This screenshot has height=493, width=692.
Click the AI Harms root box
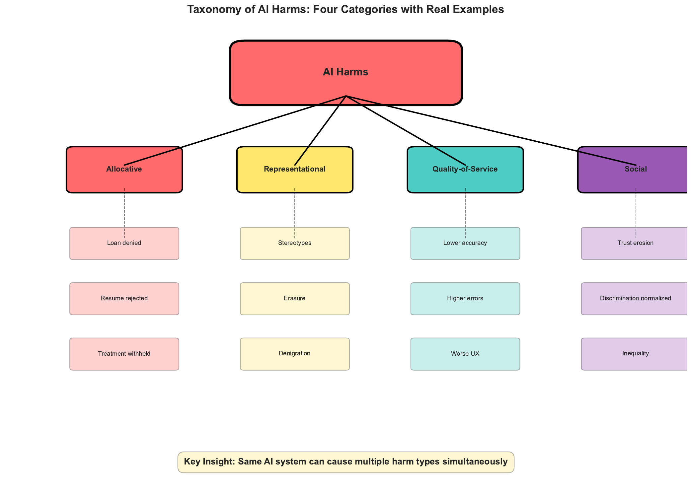(346, 73)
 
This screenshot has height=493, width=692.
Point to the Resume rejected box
(124, 299)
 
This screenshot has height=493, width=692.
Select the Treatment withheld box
(124, 354)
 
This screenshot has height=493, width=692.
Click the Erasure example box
(295, 299)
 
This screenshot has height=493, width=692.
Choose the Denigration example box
(295, 354)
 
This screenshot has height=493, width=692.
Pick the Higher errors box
(465, 299)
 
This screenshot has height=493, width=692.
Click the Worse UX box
(465, 354)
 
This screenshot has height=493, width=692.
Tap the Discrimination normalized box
(635, 299)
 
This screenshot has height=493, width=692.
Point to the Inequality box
(635, 354)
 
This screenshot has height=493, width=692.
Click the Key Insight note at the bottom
(346, 462)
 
